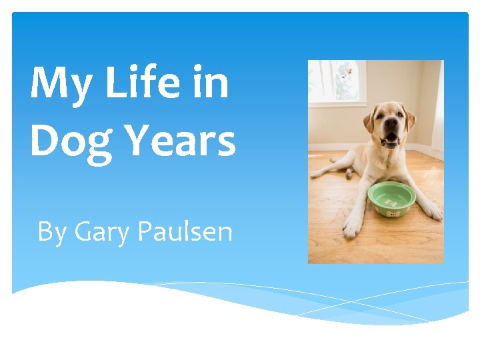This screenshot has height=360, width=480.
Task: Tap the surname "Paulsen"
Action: pyautogui.click(x=185, y=231)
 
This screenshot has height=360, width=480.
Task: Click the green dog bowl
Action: pyautogui.click(x=391, y=198)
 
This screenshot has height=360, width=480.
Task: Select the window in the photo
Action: pyautogui.click(x=337, y=83)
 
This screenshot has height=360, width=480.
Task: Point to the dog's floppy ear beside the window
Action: pyautogui.click(x=369, y=120)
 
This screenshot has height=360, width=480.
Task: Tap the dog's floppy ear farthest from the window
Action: pyautogui.click(x=411, y=119)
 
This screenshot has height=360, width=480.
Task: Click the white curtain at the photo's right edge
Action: pyautogui.click(x=437, y=107)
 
